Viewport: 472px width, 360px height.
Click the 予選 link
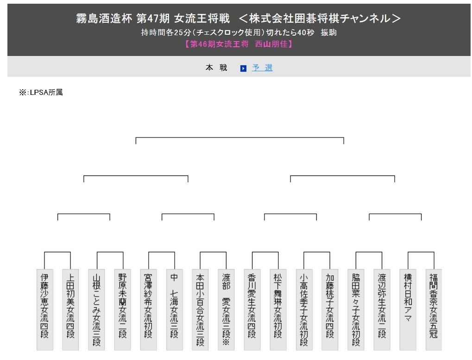(262, 68)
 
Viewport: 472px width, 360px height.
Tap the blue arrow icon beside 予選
(243, 68)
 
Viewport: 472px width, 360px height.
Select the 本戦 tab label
(216, 68)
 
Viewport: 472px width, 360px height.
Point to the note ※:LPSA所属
(41, 93)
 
